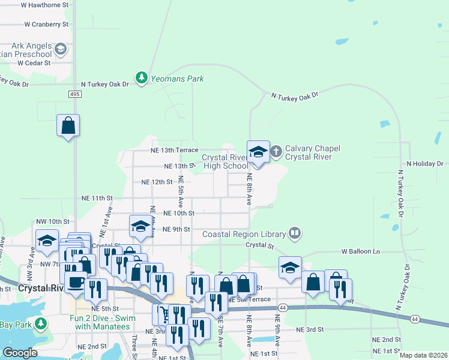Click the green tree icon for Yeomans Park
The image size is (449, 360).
142,78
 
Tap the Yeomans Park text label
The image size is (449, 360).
177,79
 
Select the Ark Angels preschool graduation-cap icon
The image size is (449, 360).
60,49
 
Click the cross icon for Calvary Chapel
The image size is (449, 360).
276,150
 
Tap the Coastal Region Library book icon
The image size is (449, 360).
294,232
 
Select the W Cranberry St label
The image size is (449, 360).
46,25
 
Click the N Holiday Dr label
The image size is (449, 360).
424,163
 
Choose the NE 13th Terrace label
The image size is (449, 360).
174,149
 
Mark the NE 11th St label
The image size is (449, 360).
97,197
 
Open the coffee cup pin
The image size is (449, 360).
76,281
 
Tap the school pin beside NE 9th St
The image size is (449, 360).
140,226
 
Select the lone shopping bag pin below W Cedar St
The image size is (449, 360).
68,126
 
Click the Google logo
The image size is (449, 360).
20,353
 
